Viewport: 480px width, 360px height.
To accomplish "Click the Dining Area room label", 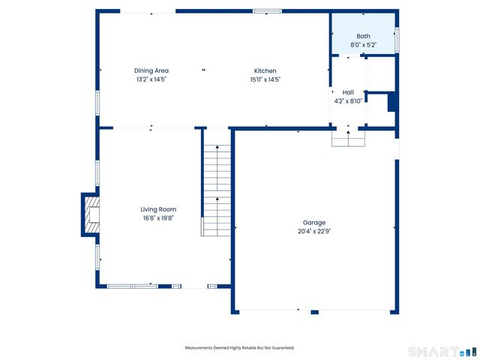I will (151, 70).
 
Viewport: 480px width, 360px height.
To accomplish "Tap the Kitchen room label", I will (265, 70).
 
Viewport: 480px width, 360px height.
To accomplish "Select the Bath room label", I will (363, 36).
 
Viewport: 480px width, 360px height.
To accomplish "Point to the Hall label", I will (348, 92).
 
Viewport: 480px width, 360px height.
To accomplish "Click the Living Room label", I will (158, 209).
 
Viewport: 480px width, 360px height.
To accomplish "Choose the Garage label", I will (314, 223).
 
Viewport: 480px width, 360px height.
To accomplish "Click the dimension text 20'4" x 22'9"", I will (314, 232).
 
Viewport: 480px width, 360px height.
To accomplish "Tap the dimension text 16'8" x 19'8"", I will (158, 218).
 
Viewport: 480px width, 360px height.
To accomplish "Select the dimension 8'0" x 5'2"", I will (363, 45).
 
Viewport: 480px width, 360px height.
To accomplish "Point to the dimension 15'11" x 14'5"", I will (265, 79).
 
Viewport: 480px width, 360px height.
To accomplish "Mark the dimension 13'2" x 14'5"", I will (151, 79).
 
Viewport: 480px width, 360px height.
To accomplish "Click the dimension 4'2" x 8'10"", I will (348, 101).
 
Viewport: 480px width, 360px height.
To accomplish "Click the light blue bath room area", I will (364, 26).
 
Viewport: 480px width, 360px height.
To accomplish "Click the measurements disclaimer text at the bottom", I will (240, 348).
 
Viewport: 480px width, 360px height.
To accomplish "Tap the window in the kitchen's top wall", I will (267, 11).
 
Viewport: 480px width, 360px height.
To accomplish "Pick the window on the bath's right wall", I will (397, 40).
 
